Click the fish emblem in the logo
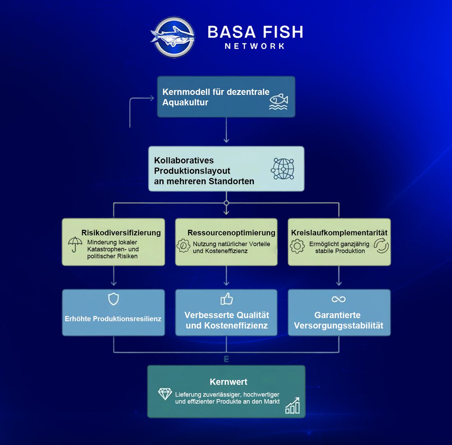point(173,37)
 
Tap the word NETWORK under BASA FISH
point(255,46)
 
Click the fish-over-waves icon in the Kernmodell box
point(278,102)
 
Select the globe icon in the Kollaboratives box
point(282,169)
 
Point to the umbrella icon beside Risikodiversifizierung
point(75,244)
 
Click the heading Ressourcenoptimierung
point(231,233)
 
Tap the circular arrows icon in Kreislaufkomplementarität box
point(381,245)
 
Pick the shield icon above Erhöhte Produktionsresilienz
point(113,299)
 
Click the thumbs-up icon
point(226,299)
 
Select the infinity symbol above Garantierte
point(338,299)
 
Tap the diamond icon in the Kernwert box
point(165,394)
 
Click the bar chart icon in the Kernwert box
point(293,406)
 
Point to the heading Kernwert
point(228,382)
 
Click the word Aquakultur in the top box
point(185,102)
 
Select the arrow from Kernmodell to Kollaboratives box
point(226,130)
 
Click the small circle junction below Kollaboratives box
point(226,203)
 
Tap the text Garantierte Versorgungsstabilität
point(338,320)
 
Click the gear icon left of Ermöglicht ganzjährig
point(297,246)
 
